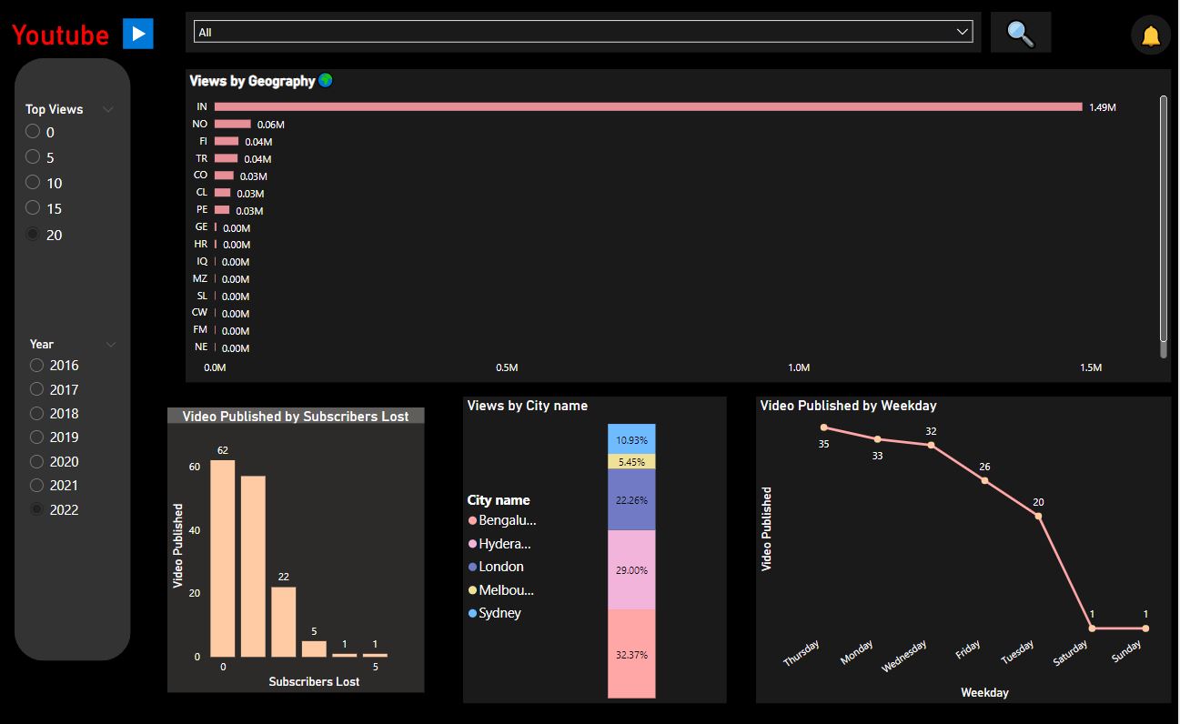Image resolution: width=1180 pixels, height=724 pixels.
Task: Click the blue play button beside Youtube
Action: (138, 34)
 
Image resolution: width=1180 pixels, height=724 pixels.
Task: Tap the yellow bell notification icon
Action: (1150, 35)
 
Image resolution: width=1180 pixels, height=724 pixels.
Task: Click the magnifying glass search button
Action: (1020, 34)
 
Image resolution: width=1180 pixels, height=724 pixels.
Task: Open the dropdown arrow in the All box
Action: (963, 32)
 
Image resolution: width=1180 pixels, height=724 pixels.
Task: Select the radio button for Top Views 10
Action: (33, 183)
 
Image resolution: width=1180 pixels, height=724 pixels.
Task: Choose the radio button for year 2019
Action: (36, 437)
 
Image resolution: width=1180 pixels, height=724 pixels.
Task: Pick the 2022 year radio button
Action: (36, 509)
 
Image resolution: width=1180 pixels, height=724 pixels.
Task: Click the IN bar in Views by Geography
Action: (648, 107)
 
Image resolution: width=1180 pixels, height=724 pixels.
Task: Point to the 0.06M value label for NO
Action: (270, 125)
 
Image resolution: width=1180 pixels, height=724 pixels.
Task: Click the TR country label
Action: (201, 158)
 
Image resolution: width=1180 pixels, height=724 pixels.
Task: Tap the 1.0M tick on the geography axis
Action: (798, 367)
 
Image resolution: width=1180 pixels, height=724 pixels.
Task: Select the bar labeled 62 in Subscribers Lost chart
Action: (223, 558)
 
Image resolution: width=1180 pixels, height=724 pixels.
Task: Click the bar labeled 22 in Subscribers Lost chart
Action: (284, 621)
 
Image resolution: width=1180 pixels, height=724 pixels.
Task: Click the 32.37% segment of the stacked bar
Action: (631, 653)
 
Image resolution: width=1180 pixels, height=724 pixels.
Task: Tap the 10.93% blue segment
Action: (631, 439)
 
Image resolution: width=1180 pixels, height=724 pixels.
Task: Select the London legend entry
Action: (499, 567)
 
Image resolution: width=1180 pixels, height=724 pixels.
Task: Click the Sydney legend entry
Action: (499, 613)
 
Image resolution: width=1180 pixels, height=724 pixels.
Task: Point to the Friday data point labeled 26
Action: (984, 480)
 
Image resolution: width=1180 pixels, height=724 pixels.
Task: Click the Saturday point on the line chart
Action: (1092, 628)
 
